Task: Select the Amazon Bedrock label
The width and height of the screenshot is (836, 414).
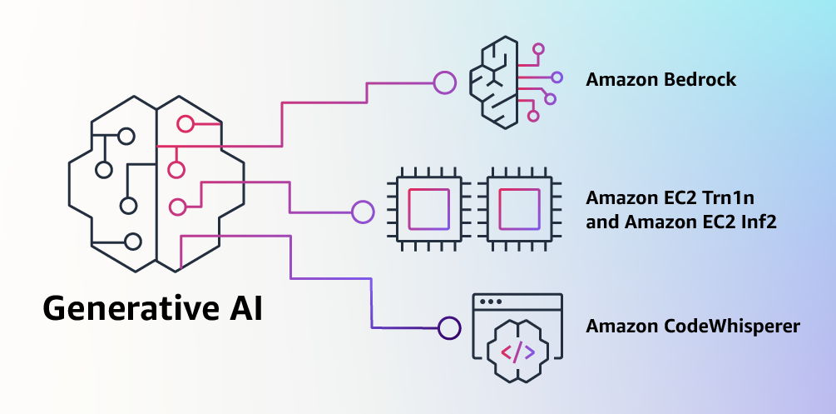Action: pos(660,80)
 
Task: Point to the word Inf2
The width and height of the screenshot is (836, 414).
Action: pos(758,222)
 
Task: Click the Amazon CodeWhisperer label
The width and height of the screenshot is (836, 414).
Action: pos(692,327)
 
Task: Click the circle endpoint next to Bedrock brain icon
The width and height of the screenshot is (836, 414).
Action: pos(444,82)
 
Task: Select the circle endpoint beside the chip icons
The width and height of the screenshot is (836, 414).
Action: pos(363,212)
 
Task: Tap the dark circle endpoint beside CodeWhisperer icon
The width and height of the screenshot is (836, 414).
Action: pos(449,327)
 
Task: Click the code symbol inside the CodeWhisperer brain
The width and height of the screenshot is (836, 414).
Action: pos(517,352)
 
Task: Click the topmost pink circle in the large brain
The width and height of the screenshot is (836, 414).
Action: pos(185,125)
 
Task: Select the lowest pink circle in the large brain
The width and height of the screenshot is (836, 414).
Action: pos(177,207)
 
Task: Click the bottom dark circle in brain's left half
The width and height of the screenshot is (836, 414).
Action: pos(131,242)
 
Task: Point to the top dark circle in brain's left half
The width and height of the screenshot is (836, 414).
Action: pos(126,135)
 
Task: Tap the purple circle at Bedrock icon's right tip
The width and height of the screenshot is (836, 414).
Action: pos(557,77)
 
